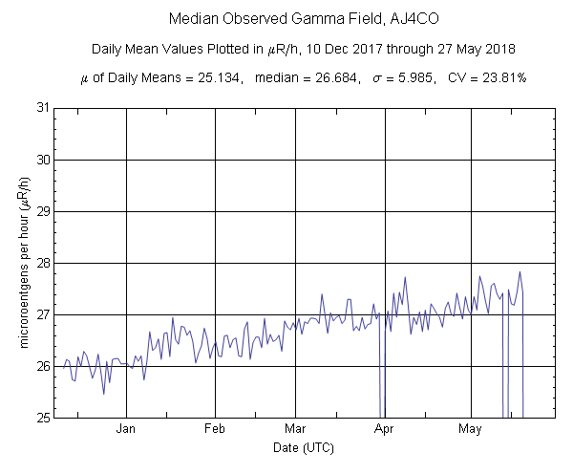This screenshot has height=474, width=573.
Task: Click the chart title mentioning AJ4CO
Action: (x=290, y=19)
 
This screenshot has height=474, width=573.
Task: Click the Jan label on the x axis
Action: (x=126, y=429)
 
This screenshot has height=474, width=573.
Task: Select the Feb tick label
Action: (x=215, y=429)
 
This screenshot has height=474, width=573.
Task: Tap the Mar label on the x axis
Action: (x=295, y=429)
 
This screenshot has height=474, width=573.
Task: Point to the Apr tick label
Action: (x=385, y=429)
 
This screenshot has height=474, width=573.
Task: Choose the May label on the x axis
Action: (x=469, y=429)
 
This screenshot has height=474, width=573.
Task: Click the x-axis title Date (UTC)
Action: (x=303, y=447)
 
